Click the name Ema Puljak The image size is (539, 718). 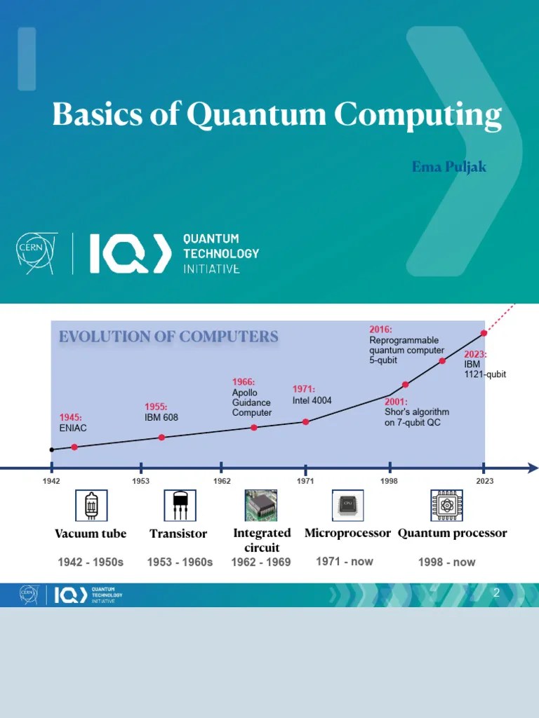449,167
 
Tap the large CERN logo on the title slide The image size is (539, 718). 37,253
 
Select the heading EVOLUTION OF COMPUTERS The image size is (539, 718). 168,337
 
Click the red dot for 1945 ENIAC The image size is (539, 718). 74,447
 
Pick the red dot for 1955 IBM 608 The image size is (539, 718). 161,437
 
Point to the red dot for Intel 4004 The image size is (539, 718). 306,421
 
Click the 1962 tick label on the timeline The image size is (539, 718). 222,481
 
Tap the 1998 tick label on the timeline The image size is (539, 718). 390,481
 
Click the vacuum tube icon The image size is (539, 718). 91,505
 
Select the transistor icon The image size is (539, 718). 180,505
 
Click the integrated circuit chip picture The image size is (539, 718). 261,505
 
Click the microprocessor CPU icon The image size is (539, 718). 347,505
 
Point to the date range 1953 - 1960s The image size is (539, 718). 180,562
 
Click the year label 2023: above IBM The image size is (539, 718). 475,355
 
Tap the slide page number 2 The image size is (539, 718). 496,593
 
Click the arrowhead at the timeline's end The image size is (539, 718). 533,468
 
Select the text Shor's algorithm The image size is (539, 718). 417,412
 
